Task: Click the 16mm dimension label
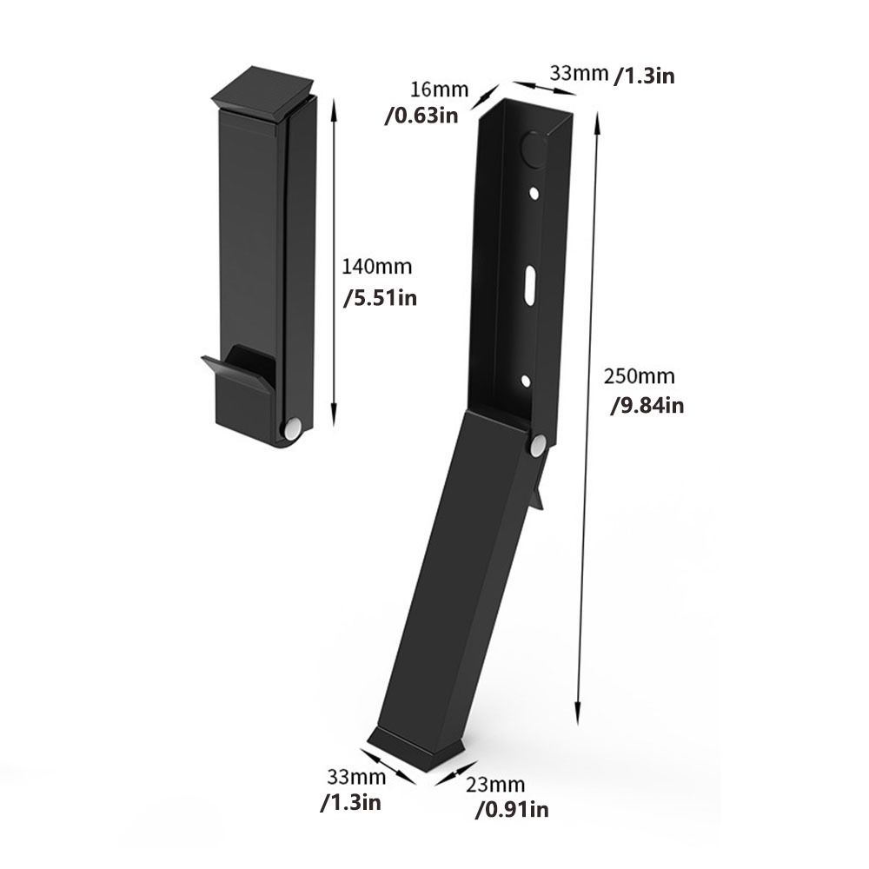tap(440, 90)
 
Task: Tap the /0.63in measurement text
tap(421, 116)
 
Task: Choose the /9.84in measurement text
tap(647, 405)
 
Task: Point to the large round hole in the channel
tap(533, 149)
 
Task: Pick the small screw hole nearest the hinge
tap(525, 380)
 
